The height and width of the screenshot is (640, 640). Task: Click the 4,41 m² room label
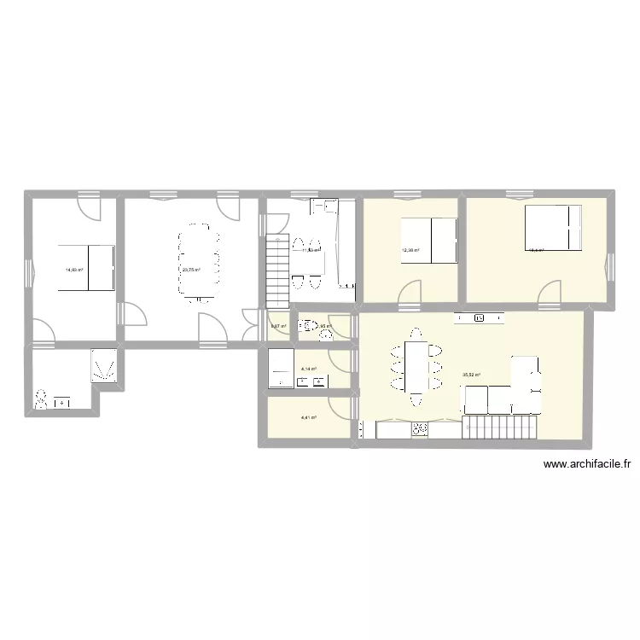click(308, 417)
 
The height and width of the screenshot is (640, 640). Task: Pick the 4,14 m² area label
click(308, 369)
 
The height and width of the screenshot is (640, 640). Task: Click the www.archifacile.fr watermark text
click(587, 465)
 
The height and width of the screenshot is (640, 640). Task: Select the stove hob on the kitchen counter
click(419, 429)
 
